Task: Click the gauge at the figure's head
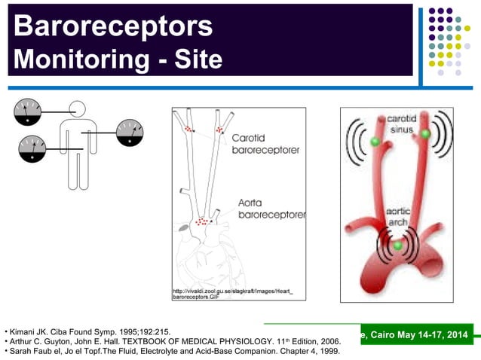click(29, 113)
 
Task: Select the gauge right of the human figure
click(130, 134)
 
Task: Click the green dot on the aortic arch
click(397, 246)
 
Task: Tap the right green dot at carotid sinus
click(425, 134)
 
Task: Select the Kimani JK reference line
click(87, 331)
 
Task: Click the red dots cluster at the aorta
click(201, 221)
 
